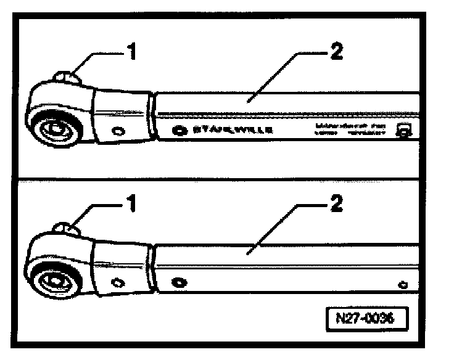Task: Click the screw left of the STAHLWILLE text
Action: point(179,131)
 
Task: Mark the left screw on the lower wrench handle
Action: point(179,282)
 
